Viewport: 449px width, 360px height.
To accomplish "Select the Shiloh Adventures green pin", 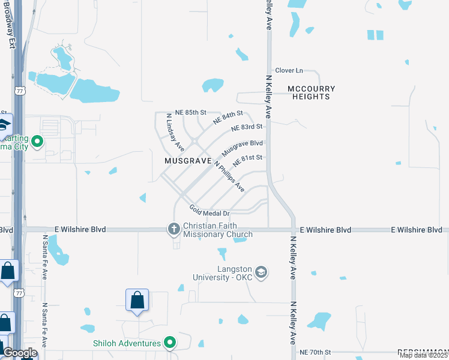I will pyautogui.click(x=170, y=343).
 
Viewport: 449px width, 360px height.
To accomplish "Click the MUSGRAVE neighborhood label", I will pyautogui.click(x=188, y=161).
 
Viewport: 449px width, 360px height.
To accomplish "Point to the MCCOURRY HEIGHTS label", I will pyautogui.click(x=312, y=92).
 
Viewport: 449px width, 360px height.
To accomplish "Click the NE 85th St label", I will pyautogui.click(x=190, y=112).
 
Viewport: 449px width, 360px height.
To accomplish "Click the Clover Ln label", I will pyautogui.click(x=290, y=71).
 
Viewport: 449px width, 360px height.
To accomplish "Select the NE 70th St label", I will pyautogui.click(x=316, y=352).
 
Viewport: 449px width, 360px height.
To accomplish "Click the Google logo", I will pyautogui.click(x=19, y=353).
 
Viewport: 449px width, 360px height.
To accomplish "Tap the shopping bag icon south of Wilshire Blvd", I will pyautogui.click(x=137, y=299).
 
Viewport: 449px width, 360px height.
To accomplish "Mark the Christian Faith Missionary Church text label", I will pyautogui.click(x=217, y=230).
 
